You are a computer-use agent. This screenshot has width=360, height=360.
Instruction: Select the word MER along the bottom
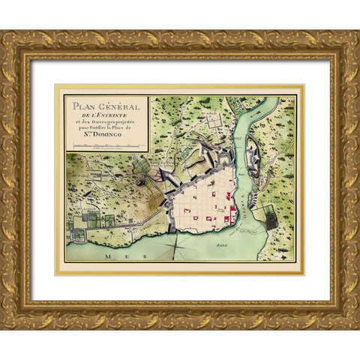coord(113,256)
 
